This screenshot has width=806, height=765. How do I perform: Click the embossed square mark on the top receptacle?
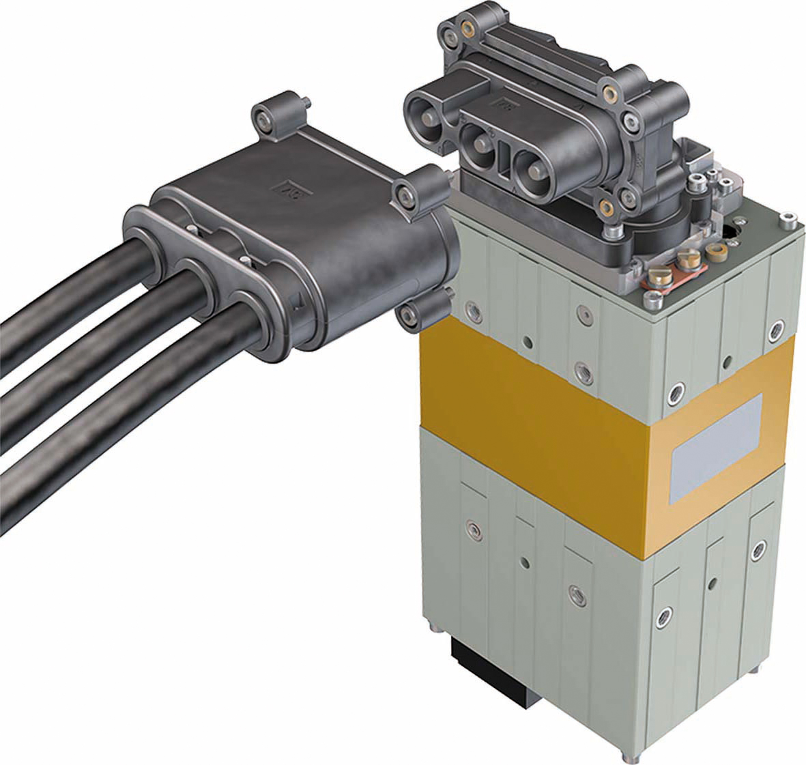[x=504, y=103]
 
